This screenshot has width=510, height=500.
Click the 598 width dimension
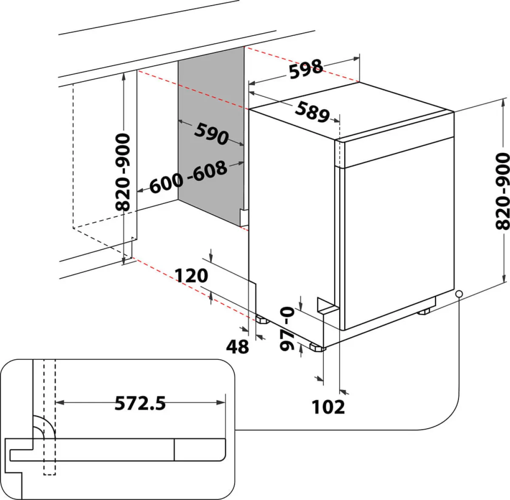pos(306,69)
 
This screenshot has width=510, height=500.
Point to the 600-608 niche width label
pos(188,176)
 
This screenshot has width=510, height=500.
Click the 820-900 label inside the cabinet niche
pos(123,172)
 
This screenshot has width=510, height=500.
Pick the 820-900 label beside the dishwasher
pos(502,191)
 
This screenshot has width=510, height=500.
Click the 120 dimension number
pos(191,276)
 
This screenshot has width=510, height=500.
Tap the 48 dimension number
pos(238,346)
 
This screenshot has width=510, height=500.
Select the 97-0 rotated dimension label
pos(287,328)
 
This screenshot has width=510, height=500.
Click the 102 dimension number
pos(328,407)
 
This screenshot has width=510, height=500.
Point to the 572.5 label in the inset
pos(140,403)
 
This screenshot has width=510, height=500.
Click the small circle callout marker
pos(459,294)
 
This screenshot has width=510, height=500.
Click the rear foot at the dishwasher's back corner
pos(262,320)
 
